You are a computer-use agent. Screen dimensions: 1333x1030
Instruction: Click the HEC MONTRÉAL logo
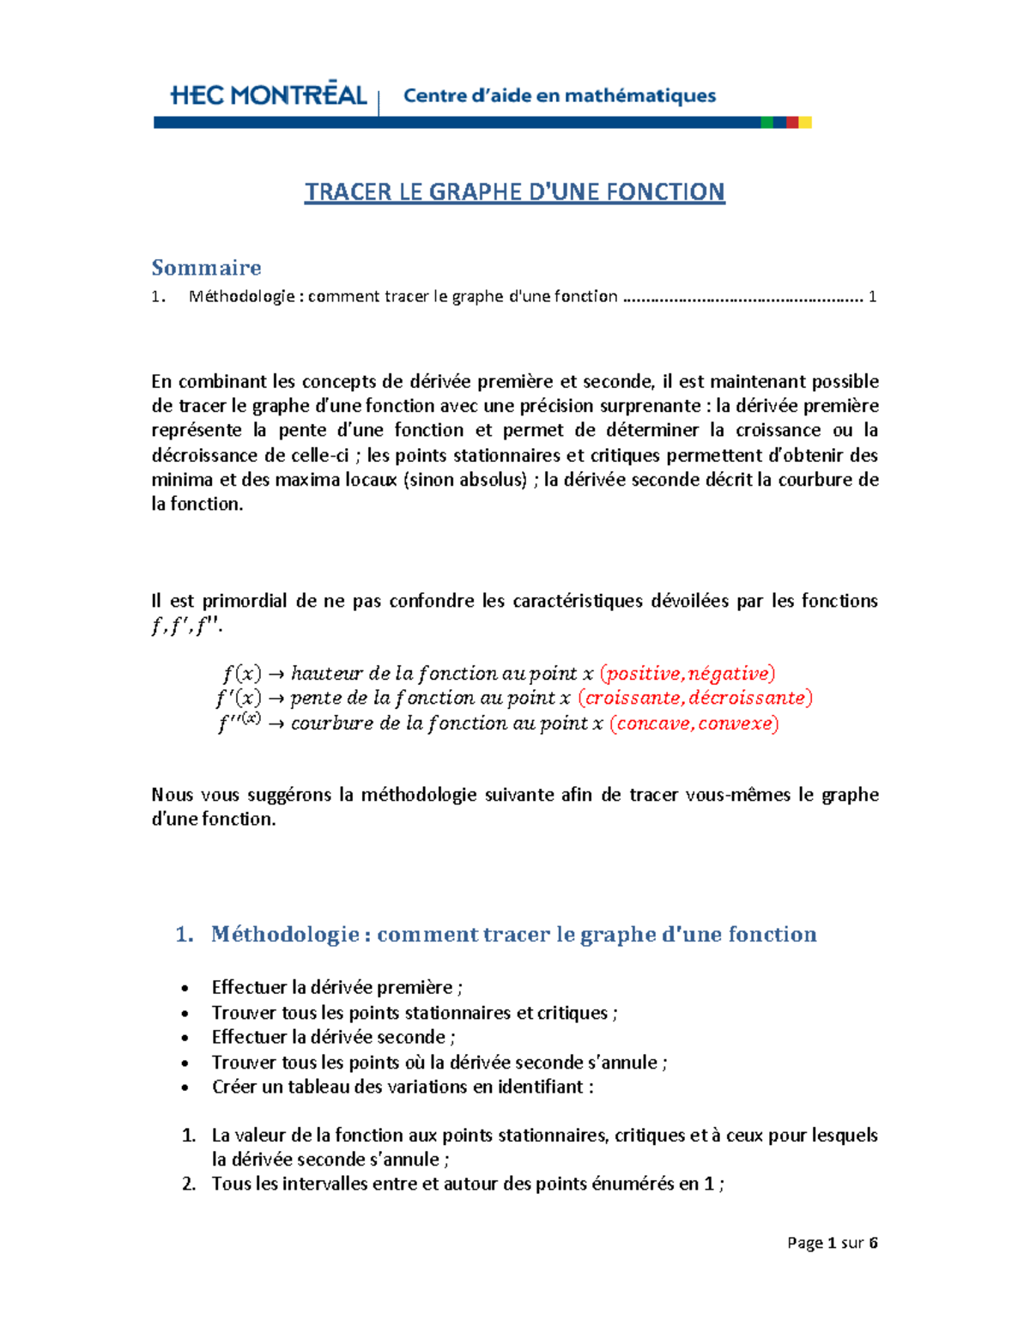tap(269, 95)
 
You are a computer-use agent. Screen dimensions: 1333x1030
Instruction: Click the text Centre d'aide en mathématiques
tap(560, 95)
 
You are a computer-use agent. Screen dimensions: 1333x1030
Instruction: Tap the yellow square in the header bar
tap(805, 123)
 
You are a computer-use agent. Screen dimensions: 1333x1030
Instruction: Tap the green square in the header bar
tap(766, 123)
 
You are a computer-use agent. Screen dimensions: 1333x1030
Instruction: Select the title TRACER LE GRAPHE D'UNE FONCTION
tap(514, 191)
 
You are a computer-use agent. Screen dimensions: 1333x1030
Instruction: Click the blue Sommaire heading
tap(206, 268)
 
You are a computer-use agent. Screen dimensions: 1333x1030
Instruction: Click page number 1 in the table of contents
tap(872, 297)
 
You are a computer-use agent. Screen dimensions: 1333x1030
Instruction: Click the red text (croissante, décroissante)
tap(695, 698)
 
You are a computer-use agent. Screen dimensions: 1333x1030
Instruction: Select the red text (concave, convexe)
tap(694, 724)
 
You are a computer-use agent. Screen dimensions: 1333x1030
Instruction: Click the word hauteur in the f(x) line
tap(326, 673)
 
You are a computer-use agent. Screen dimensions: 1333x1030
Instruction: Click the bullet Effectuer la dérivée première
tap(337, 987)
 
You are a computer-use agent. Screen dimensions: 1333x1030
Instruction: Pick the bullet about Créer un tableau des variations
tap(403, 1087)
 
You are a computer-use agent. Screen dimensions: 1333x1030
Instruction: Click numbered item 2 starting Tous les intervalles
tap(468, 1184)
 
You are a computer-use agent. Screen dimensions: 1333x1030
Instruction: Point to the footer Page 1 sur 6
tap(832, 1243)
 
